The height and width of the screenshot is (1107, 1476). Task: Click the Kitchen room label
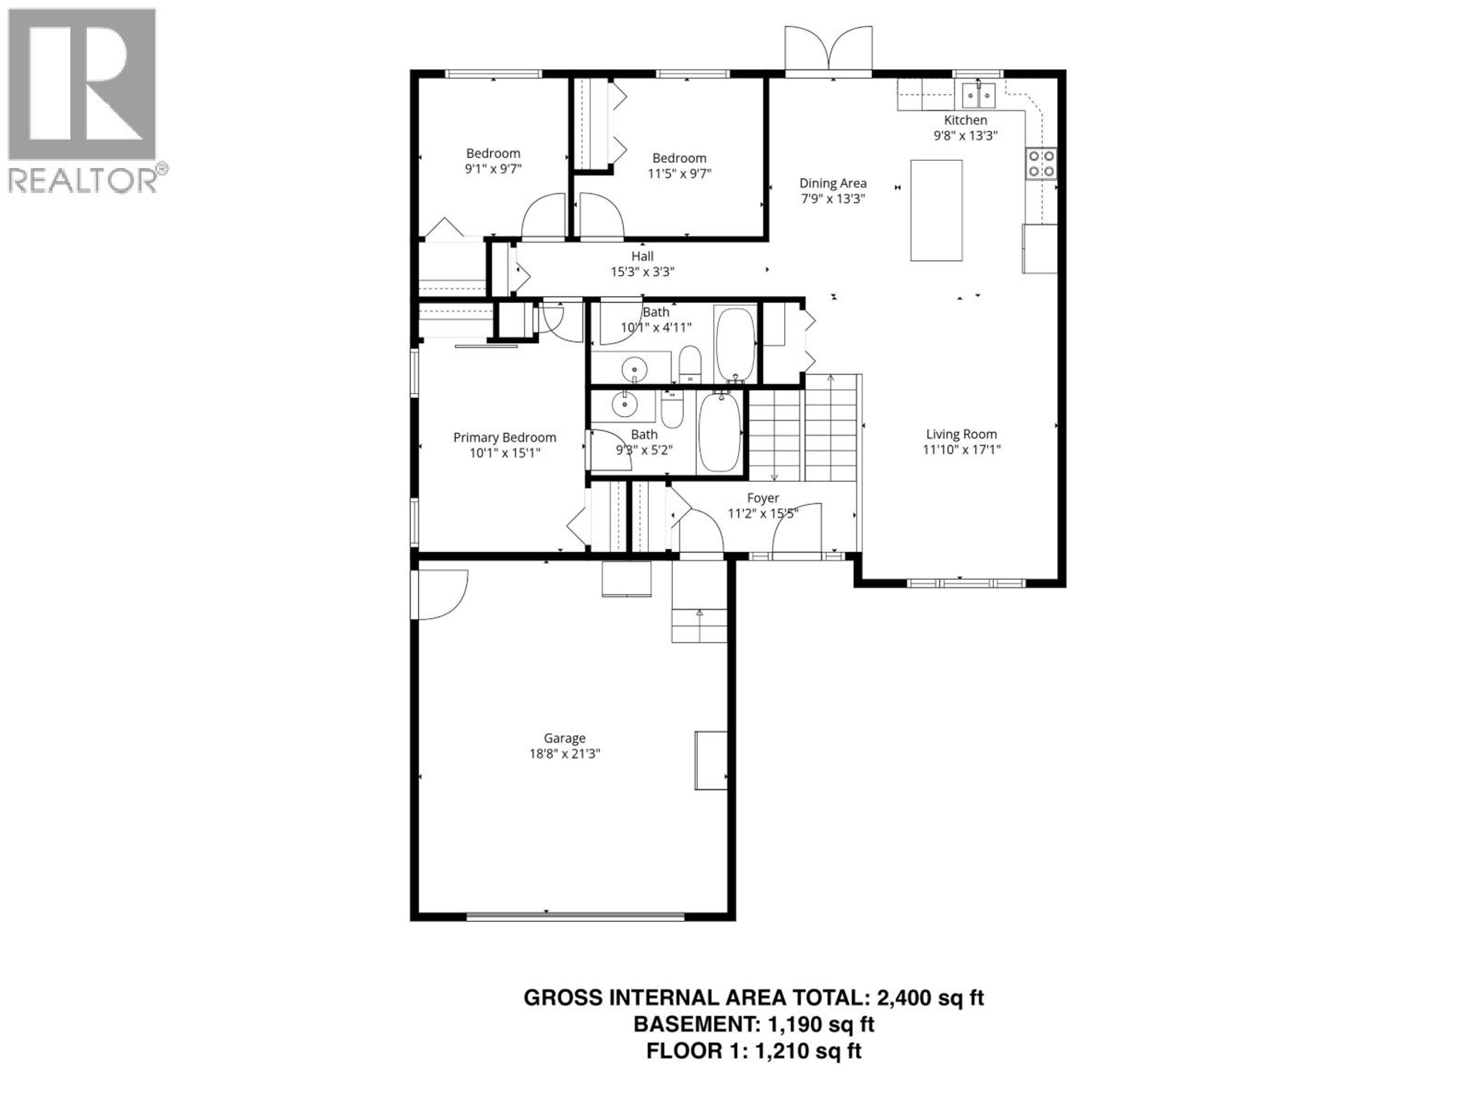[x=965, y=120]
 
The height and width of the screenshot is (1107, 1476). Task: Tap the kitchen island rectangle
[x=936, y=210]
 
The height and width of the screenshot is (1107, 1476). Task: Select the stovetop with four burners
[x=1041, y=163]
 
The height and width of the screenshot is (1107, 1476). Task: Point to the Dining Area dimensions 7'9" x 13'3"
[x=833, y=198]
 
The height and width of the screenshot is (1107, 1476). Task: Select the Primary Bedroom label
[x=504, y=438]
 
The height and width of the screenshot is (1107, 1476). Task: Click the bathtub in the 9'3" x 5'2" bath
[x=719, y=432]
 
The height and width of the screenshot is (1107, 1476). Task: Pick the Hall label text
[x=643, y=256]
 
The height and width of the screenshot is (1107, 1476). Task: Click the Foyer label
[x=763, y=498]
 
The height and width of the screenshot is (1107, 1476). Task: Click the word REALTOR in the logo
[x=83, y=180]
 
